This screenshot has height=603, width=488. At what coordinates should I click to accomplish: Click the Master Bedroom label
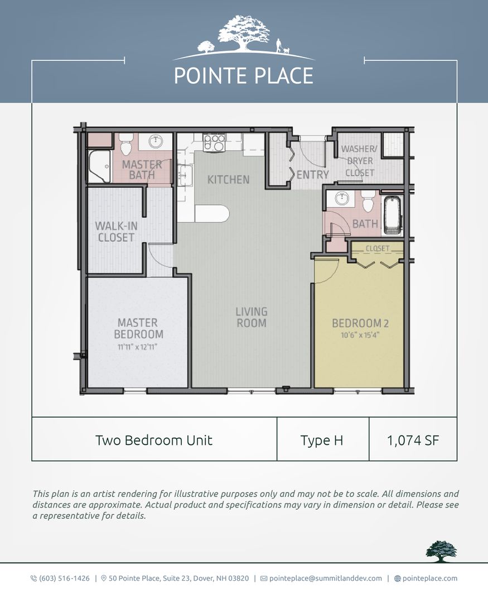[x=139, y=328]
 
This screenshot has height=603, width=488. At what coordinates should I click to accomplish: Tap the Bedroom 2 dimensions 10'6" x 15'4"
[x=360, y=335]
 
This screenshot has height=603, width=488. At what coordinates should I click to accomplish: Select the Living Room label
[x=252, y=317]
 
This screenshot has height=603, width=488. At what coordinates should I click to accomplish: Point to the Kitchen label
[x=228, y=180]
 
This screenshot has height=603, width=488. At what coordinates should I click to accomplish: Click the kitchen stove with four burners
[x=214, y=142]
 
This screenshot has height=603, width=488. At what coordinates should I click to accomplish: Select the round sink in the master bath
[x=156, y=141]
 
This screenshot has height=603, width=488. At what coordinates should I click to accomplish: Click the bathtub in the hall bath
[x=393, y=216]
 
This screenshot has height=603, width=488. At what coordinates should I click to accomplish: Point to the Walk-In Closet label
[x=115, y=232]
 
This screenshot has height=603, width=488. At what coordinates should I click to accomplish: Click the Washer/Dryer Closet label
[x=359, y=161]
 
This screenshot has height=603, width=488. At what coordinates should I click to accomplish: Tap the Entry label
[x=312, y=175]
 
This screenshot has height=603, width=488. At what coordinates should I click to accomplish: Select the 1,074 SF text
[x=413, y=441]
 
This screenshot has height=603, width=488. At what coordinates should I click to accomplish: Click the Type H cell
[x=322, y=441]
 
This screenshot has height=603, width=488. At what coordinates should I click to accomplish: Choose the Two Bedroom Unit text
[x=154, y=440]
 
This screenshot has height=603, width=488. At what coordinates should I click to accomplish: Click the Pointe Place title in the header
[x=244, y=75]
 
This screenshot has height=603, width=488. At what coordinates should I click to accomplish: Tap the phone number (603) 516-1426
[x=64, y=578]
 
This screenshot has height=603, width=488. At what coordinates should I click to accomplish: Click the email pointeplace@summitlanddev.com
[x=326, y=578]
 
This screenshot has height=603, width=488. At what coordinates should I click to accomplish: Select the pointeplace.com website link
[x=429, y=578]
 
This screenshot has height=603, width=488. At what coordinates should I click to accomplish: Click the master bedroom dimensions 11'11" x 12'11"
[x=137, y=347]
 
